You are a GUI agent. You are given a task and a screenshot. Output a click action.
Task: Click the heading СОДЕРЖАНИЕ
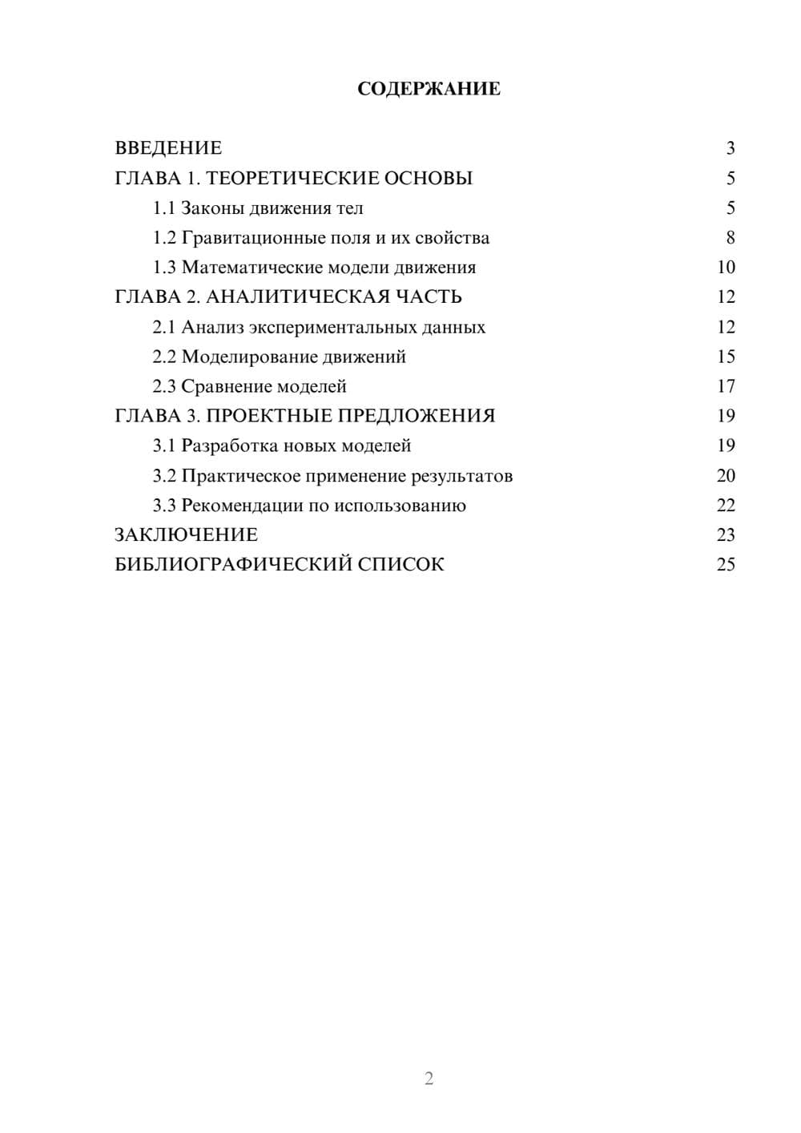point(429,89)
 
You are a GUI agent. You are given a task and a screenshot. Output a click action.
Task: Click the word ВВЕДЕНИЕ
point(168,148)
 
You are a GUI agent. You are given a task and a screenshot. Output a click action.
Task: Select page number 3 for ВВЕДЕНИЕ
point(730,148)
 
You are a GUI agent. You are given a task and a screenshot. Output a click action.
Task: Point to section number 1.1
point(164,208)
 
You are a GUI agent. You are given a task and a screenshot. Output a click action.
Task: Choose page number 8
point(730,238)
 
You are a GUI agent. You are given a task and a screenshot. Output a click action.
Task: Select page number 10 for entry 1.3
point(726,268)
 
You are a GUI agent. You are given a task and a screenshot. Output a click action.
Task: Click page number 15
point(726,357)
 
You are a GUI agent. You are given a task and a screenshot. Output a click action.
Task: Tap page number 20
point(726,476)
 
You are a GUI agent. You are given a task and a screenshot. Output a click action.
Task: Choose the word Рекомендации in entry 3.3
point(242,506)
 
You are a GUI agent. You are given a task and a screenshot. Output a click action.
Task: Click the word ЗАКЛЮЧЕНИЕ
point(186,535)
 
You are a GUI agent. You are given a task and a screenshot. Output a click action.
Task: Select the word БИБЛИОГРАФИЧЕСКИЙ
point(232,565)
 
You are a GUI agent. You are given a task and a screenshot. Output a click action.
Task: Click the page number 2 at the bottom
point(429,1079)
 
